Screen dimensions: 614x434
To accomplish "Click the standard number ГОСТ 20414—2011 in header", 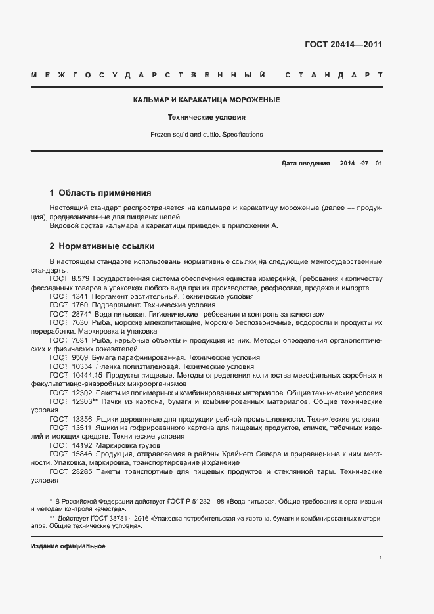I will click(x=343, y=45).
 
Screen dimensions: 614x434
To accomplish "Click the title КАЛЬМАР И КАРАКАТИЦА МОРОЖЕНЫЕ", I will click(x=207, y=100).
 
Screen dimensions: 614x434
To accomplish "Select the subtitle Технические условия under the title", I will click(x=207, y=118).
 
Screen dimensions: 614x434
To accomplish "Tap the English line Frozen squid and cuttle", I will click(x=207, y=134).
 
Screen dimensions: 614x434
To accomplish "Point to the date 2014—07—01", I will click(x=360, y=163).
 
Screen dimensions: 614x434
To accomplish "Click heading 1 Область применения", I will click(x=100, y=193).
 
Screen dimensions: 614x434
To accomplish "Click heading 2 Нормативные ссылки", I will click(x=102, y=246).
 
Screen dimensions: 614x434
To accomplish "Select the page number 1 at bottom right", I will click(x=380, y=558).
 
